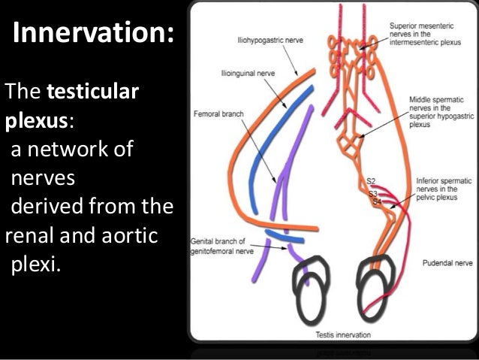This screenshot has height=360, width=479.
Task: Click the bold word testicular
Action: click(x=93, y=93)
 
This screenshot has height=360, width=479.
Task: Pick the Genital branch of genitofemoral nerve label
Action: click(x=218, y=246)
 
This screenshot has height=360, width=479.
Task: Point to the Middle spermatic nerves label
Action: click(x=438, y=112)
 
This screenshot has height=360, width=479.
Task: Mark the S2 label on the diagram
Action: click(x=372, y=182)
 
